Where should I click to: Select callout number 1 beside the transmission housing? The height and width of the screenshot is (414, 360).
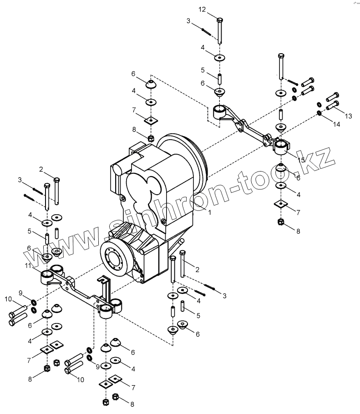click(210, 212)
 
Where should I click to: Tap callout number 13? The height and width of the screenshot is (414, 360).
click(348, 116)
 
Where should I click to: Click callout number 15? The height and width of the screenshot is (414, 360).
click(301, 160)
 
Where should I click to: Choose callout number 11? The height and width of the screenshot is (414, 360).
click(28, 266)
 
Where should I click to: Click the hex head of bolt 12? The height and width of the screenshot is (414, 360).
click(220, 20)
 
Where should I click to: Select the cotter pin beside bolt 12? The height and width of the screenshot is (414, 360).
click(205, 31)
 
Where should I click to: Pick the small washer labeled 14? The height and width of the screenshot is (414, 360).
click(319, 112)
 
